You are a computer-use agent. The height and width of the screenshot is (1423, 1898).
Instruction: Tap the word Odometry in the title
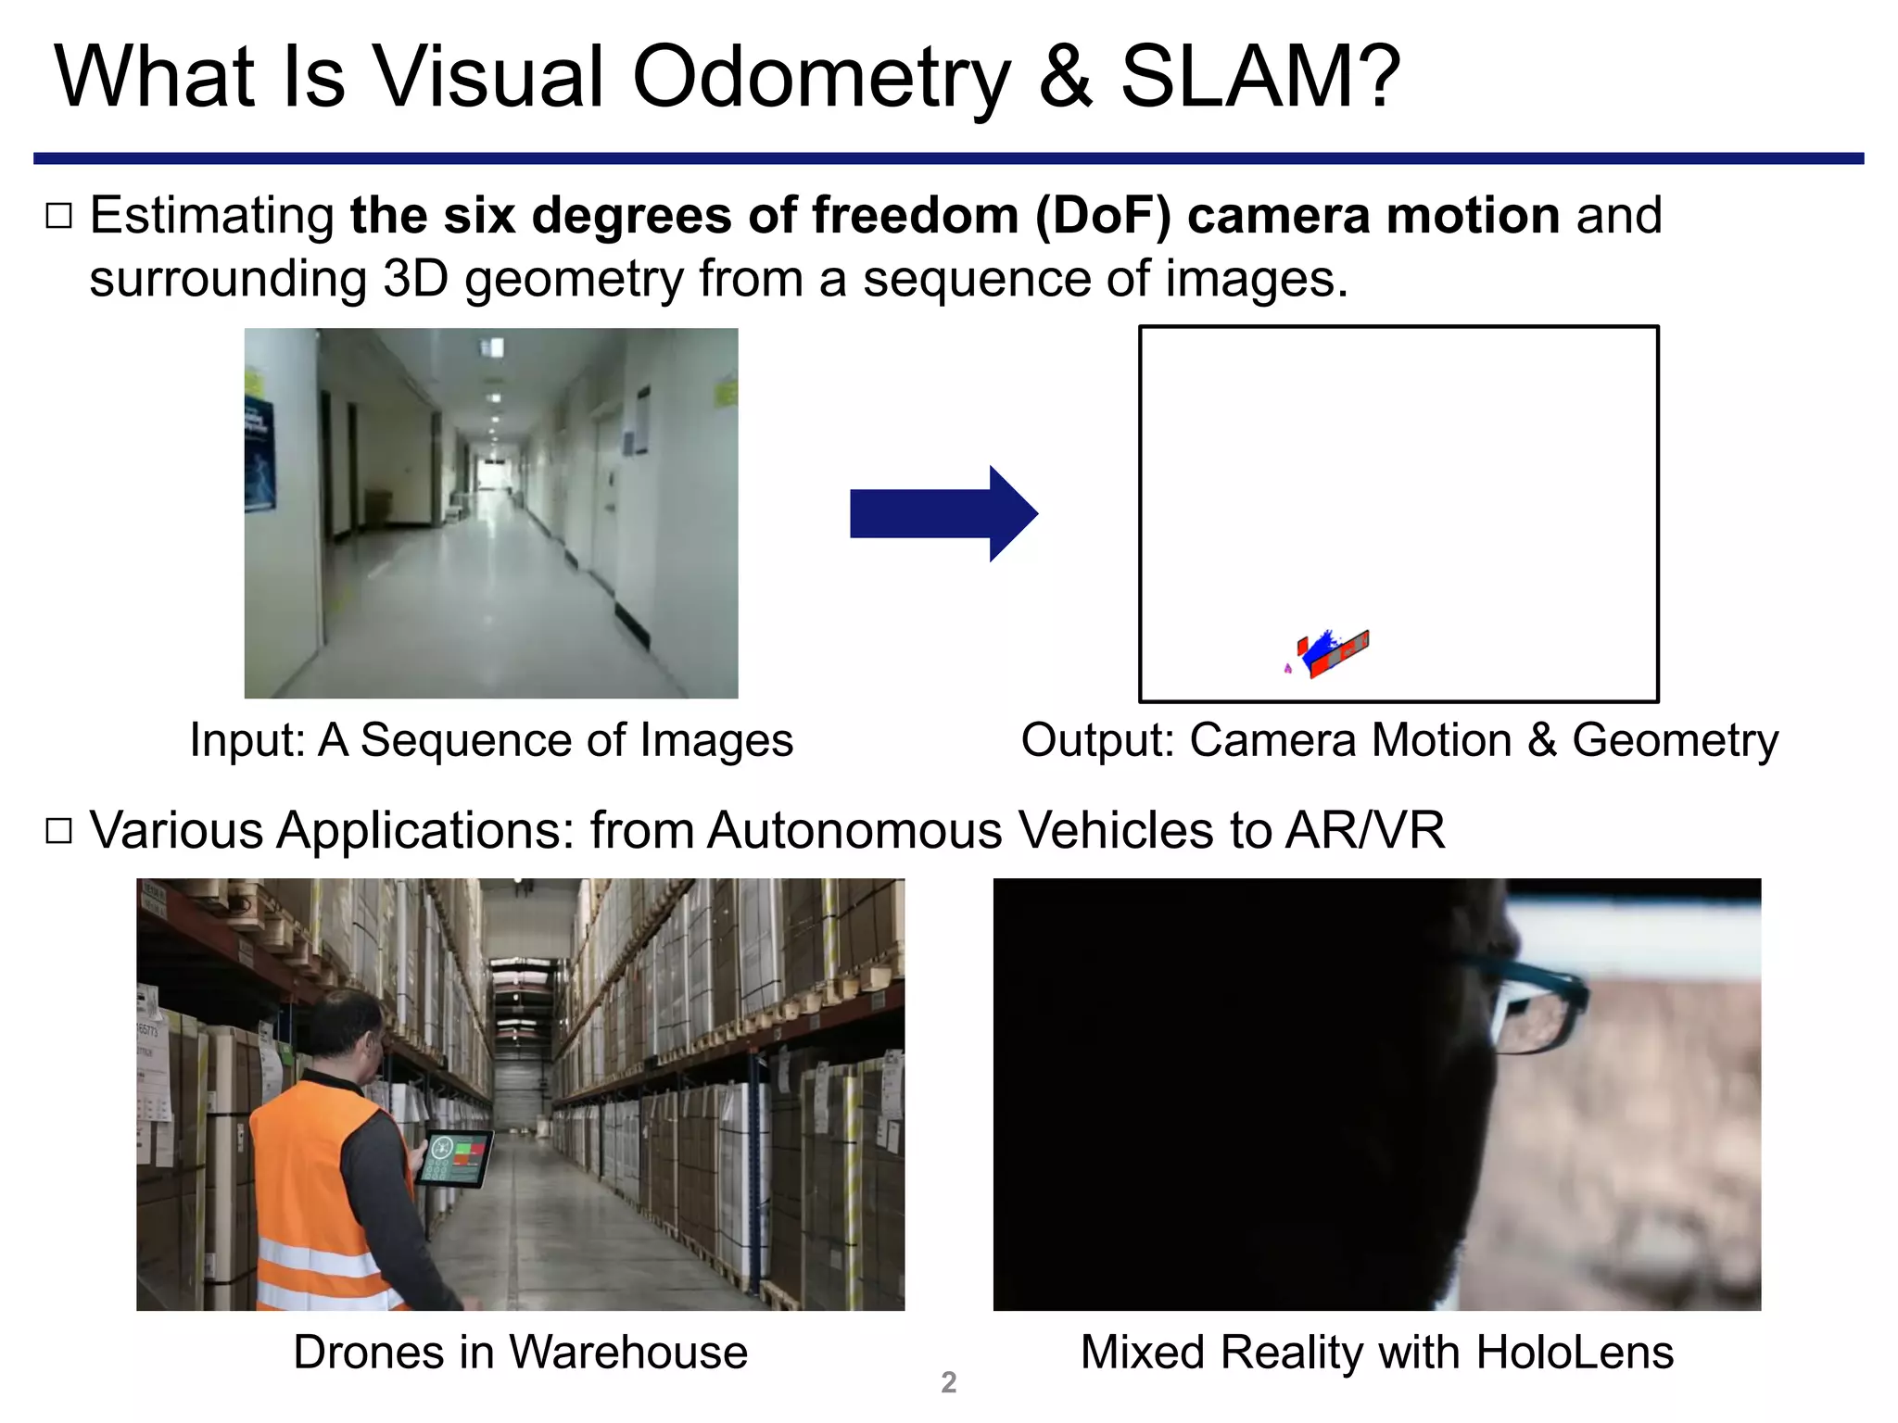820,79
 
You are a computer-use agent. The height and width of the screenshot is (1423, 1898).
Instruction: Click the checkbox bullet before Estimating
58,216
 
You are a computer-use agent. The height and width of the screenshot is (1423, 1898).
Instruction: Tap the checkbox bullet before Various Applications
58,830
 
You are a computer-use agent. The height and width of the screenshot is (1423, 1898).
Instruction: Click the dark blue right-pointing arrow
943,513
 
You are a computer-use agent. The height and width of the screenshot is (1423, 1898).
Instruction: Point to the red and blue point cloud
1332,652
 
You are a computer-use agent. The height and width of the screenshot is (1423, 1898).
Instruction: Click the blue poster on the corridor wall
259,454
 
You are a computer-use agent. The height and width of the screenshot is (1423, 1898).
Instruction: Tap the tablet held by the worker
454,1159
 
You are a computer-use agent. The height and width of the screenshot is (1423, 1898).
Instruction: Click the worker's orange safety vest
315,1195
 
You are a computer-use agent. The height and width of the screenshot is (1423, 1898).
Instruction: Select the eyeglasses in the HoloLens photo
1529,1010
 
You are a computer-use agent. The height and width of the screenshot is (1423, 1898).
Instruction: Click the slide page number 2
948,1382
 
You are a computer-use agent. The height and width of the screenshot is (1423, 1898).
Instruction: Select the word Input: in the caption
247,741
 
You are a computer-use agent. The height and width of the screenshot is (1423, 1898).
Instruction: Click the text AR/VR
1364,830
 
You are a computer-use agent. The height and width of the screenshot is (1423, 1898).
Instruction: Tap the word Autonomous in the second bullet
854,830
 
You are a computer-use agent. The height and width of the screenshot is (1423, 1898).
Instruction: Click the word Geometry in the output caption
1675,741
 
